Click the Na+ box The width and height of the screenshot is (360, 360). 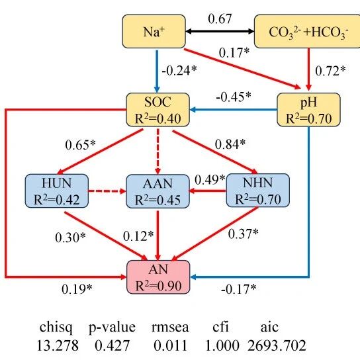coord(154,32)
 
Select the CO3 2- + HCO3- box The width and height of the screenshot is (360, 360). coord(307,32)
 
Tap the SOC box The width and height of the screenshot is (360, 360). coord(158,110)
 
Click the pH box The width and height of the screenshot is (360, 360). coord(308,110)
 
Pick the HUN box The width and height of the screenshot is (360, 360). coord(57,191)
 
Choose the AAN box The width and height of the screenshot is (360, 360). coord(158,191)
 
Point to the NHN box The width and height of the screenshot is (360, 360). coord(258,191)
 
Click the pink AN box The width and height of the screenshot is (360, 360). coord(158,277)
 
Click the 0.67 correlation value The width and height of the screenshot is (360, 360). coord(220,19)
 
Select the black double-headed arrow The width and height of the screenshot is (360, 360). coord(220,31)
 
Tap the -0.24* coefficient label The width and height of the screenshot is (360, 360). coord(179,70)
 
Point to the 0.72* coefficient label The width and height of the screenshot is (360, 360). coord(330,71)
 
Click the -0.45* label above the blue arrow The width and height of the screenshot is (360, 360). coord(234,97)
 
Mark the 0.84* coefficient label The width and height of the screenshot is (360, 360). coord(230,144)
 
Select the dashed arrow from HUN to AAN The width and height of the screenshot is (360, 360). coord(107,191)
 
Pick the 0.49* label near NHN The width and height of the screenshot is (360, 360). coord(210,179)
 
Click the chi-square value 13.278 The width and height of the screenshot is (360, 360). coord(58,345)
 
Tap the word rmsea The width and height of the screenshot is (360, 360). coord(170,327)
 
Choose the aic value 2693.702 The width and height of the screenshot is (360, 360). coord(277,345)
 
